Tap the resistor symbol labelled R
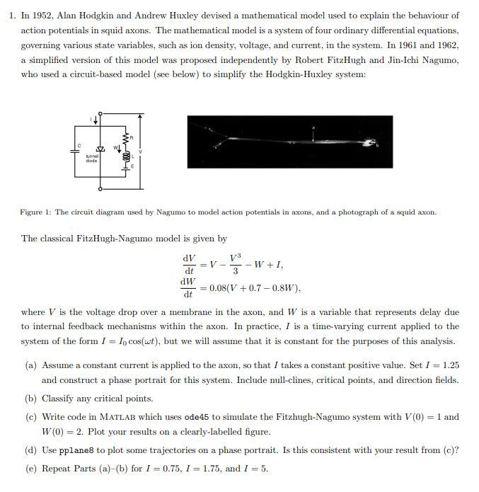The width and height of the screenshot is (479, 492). pyautogui.click(x=125, y=137)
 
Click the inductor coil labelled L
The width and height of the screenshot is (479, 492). pyautogui.click(x=127, y=156)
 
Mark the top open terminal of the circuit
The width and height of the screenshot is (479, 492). pyautogui.click(x=100, y=113)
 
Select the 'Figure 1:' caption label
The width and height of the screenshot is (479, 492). pyautogui.click(x=35, y=212)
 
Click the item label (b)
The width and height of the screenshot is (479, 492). pyautogui.click(x=30, y=399)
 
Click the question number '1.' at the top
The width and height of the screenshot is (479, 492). pyautogui.click(x=13, y=15)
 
